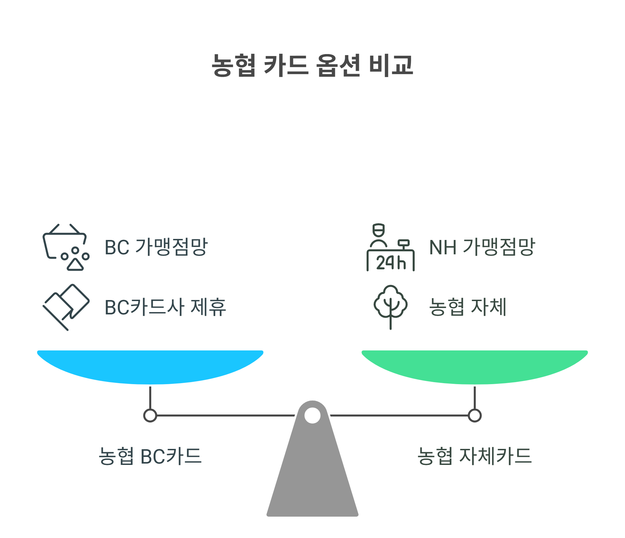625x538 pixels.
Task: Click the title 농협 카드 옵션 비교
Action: [x=312, y=65]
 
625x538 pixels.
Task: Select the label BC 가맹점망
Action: [x=156, y=247]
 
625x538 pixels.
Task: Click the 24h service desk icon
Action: [x=390, y=247]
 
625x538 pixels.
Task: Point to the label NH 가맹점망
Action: [x=482, y=247]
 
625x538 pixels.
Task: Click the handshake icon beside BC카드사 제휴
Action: [x=66, y=307]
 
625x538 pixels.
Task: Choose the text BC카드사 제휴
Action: [x=165, y=307]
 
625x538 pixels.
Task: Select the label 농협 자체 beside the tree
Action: [x=467, y=307]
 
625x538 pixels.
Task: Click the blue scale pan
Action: [x=150, y=365]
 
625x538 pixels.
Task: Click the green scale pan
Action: [x=474, y=365]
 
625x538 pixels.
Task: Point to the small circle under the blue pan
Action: [x=150, y=416]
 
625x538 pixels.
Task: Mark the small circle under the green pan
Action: [x=474, y=416]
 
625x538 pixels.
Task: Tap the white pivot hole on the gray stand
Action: [x=312, y=416]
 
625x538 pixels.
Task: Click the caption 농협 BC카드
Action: [x=150, y=456]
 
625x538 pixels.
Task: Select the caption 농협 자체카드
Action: [x=474, y=456]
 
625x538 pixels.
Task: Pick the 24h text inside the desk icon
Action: [x=391, y=263]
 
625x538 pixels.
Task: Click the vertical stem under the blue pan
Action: [x=150, y=397]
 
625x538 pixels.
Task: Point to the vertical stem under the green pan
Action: [x=474, y=397]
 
